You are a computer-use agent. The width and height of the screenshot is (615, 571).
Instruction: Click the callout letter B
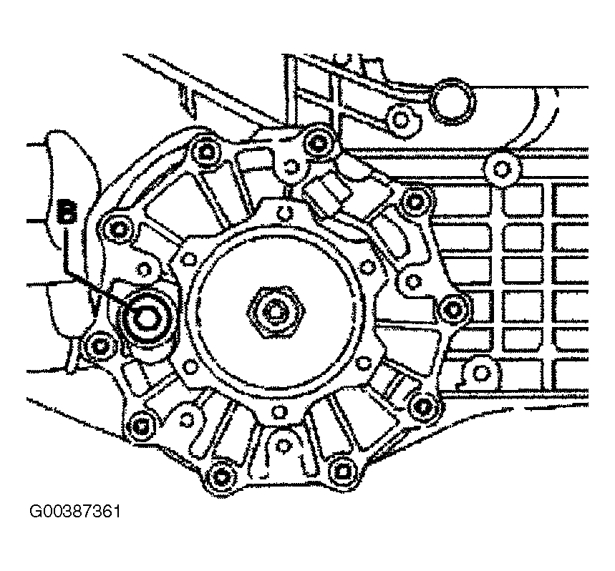[67, 210]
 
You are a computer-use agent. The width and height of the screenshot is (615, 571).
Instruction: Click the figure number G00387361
[75, 512]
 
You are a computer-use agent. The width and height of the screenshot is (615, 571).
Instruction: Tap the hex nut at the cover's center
[276, 311]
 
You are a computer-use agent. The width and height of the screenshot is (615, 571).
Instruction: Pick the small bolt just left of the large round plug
[399, 118]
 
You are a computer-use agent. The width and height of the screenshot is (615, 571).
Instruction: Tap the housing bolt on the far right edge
[453, 310]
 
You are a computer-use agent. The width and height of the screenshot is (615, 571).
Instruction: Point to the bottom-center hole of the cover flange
[279, 411]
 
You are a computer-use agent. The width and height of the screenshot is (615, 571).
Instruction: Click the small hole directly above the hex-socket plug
[145, 270]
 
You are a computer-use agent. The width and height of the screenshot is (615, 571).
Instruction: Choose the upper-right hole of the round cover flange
[367, 267]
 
